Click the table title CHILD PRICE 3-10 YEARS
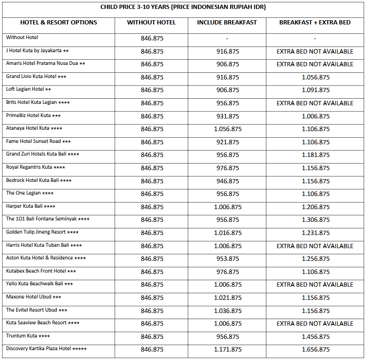tap(183, 7)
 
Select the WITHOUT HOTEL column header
tap(151, 23)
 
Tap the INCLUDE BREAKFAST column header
tap(227, 23)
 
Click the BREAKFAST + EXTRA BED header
tap(315, 23)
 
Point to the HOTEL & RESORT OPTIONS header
tap(59, 23)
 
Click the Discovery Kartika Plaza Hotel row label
tap(46, 349)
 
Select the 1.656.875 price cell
tap(316, 349)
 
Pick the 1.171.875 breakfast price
tap(227, 349)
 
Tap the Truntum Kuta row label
tap(28, 336)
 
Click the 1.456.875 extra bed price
tap(316, 337)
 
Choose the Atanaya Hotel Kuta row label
tap(34, 128)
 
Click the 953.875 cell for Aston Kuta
tap(227, 258)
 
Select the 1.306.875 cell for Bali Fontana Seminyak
tap(316, 219)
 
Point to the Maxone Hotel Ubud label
tap(33, 297)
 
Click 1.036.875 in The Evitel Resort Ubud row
tap(227, 311)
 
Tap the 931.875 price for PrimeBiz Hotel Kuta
tap(227, 116)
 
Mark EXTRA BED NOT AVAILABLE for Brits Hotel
tap(315, 103)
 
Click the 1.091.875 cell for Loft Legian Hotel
tap(316, 90)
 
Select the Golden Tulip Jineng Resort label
tap(42, 232)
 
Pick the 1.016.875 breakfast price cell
tap(227, 233)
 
